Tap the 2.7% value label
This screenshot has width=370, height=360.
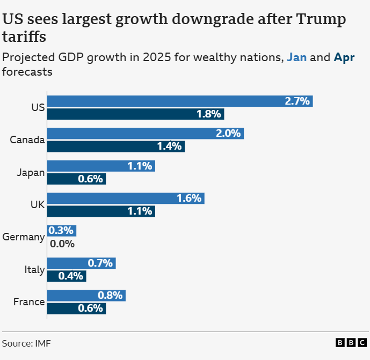(x=298, y=101)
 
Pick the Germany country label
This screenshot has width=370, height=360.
(x=24, y=237)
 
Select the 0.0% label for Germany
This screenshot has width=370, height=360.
(x=62, y=244)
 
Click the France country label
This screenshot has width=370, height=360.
(x=29, y=302)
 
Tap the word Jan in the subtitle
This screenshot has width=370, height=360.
(x=296, y=57)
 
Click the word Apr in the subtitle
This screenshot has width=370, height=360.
(x=344, y=57)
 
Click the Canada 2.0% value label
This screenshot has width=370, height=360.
(x=228, y=134)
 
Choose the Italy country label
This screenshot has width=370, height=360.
(x=34, y=269)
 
